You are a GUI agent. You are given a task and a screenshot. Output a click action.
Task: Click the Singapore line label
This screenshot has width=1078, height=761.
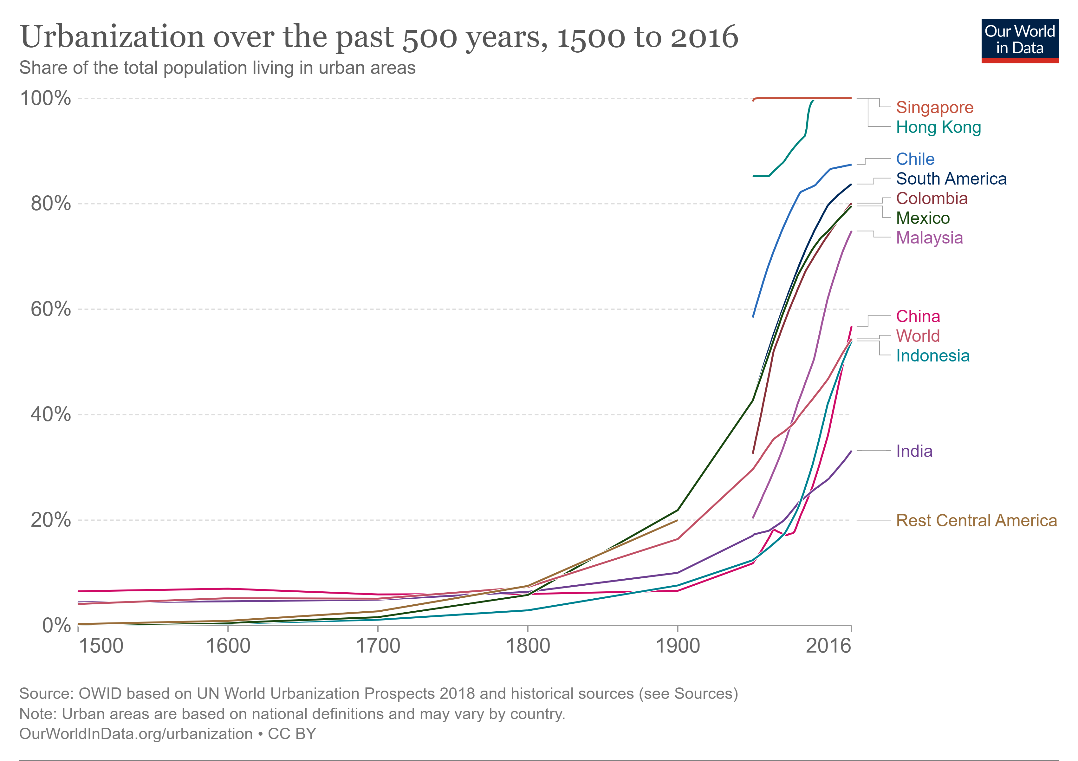(x=934, y=107)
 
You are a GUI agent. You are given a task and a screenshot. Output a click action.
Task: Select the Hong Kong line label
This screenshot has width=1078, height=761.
(x=938, y=127)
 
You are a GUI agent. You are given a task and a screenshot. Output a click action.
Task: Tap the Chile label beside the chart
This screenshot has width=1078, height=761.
(x=915, y=159)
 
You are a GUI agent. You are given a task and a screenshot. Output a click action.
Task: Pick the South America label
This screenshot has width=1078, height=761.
(x=951, y=179)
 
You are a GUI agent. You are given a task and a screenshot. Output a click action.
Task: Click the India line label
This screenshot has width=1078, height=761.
(x=914, y=451)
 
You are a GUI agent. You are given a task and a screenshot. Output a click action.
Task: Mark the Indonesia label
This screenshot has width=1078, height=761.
(x=932, y=356)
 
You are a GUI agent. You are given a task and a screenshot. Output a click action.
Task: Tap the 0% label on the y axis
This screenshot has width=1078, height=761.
(x=56, y=625)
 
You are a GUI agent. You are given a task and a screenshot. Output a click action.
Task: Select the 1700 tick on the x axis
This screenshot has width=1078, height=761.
(x=378, y=646)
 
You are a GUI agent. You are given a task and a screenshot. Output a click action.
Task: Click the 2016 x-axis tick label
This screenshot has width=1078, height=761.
(x=828, y=646)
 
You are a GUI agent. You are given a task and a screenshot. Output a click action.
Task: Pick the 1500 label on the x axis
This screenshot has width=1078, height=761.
(x=101, y=646)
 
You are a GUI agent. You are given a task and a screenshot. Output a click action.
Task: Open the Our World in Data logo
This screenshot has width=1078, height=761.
(x=1020, y=40)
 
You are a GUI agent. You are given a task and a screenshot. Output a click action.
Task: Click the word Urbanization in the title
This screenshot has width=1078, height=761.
(x=113, y=36)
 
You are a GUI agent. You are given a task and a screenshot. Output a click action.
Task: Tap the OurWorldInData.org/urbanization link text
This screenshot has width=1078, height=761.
(x=136, y=734)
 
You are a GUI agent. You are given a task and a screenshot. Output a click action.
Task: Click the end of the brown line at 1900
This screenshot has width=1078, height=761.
(x=677, y=520)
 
